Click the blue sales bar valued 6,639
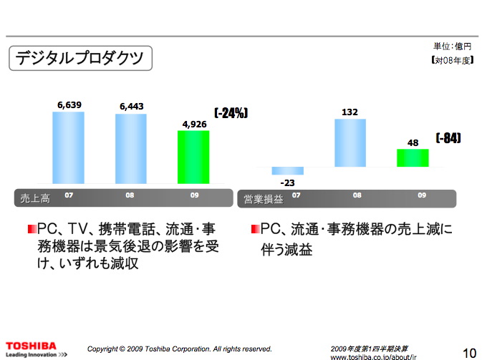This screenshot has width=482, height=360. point(69,147)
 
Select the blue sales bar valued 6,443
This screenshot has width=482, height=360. point(131,149)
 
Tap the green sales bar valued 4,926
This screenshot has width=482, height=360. point(193,157)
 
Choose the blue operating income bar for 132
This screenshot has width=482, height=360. point(350,142)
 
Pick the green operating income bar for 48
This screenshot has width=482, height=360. point(413,157)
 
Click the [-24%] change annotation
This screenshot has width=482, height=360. point(231,112)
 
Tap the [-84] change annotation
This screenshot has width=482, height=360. point(448,138)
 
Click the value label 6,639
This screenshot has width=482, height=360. point(69,105)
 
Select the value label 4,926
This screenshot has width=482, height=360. point(194,125)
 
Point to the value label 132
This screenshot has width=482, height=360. point(350,112)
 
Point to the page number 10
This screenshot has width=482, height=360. point(469,351)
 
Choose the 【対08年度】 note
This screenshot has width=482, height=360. point(452,62)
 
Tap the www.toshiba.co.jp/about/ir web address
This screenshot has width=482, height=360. point(373,356)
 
